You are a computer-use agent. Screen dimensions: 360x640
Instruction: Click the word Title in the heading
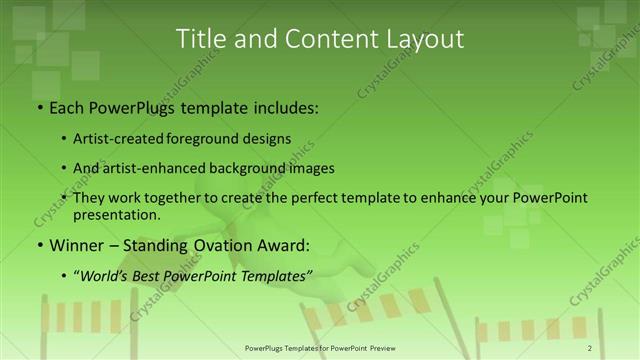[201, 39]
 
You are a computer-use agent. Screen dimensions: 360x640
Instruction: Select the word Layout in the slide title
[420, 39]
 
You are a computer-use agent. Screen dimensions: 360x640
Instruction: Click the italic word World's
[107, 274]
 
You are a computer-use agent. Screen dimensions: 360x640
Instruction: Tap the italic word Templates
[276, 274]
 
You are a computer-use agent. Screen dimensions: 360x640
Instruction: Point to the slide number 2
[590, 347]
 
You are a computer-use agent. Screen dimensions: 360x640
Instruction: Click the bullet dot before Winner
[39, 245]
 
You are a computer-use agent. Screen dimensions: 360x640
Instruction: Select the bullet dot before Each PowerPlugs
[39, 108]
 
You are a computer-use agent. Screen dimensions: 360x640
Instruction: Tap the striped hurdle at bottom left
[84, 316]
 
